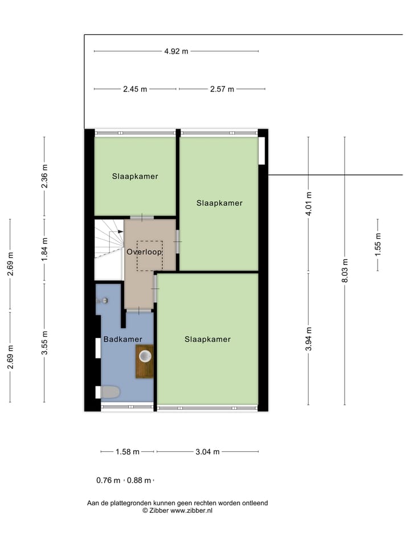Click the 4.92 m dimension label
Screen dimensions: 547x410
click(x=176, y=51)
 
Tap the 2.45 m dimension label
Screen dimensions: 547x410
click(x=134, y=89)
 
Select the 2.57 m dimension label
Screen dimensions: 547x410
click(x=222, y=89)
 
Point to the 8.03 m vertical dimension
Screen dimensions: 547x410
click(x=345, y=271)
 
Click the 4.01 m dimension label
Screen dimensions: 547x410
click(x=309, y=203)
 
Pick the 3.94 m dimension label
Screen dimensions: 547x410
click(x=309, y=339)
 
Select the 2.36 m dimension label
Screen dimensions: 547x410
click(x=45, y=176)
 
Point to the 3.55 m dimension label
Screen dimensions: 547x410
click(x=45, y=343)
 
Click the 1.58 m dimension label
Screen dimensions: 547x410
click(x=128, y=452)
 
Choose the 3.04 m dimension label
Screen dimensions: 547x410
click(x=207, y=452)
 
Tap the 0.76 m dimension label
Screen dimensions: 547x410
click(x=108, y=480)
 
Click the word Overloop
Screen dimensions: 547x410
click(x=145, y=251)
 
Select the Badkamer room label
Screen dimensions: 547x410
click(x=122, y=340)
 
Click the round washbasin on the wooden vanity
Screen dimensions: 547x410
click(x=145, y=357)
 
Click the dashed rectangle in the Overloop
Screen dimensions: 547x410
click(x=149, y=255)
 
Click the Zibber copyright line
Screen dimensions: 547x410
click(x=177, y=511)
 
